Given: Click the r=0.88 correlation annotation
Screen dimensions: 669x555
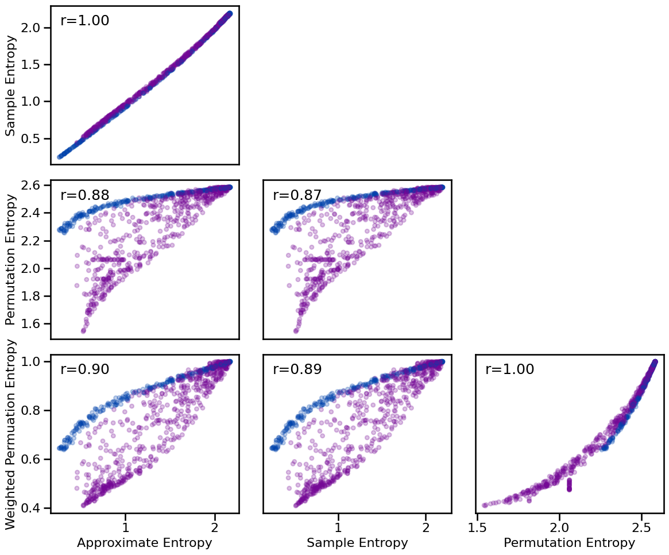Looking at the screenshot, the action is click(x=84, y=195).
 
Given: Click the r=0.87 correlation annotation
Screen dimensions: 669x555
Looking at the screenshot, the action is click(x=297, y=195).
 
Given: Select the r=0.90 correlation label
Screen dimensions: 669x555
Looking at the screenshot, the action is click(x=84, y=369).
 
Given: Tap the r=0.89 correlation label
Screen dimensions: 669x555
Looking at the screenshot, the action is click(x=297, y=369).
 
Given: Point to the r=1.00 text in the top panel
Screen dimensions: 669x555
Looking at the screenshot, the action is click(x=84, y=21).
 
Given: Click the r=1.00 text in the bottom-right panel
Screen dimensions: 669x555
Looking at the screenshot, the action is click(x=509, y=369).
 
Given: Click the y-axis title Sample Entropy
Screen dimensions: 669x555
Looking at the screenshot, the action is click(x=10, y=85).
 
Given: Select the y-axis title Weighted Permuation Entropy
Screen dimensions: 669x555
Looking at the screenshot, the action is click(x=10, y=434).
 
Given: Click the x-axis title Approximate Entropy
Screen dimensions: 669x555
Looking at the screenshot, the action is click(x=144, y=543).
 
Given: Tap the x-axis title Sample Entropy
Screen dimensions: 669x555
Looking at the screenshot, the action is click(x=357, y=543).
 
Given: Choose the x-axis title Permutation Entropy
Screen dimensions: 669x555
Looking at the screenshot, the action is click(x=569, y=543).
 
